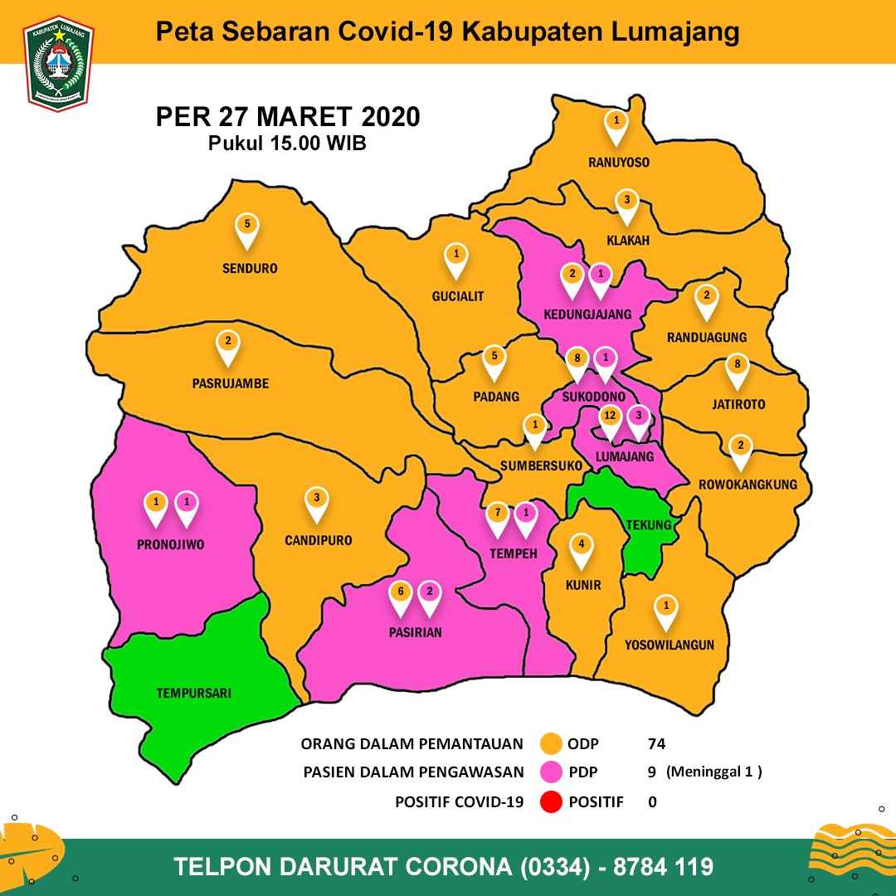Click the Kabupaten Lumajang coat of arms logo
pyautogui.click(x=59, y=64)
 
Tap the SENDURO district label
pyautogui.click(x=250, y=269)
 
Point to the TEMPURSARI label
pyautogui.click(x=193, y=692)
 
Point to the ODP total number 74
pyautogui.click(x=656, y=743)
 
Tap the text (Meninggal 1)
pyautogui.click(x=714, y=772)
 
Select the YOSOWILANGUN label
pyautogui.click(x=670, y=645)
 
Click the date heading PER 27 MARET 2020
pyautogui.click(x=288, y=117)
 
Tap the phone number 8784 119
pyautogui.click(x=663, y=867)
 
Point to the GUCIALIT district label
pyautogui.click(x=457, y=296)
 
